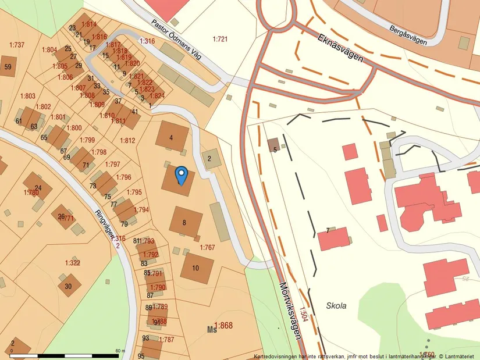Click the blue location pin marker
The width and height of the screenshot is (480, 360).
[x=182, y=174]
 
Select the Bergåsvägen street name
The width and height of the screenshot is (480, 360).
[x=408, y=35]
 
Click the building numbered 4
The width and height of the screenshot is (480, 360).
[x=172, y=137]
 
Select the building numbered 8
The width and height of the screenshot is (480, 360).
[x=185, y=222]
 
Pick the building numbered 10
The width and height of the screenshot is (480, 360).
[x=196, y=268]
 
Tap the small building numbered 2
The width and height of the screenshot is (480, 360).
[x=209, y=158]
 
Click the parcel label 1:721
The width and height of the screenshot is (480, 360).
[x=220, y=39]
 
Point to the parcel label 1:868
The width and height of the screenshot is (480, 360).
[x=222, y=326]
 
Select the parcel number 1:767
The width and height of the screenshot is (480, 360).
[x=208, y=248]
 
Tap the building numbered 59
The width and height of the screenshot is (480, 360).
[x=8, y=66]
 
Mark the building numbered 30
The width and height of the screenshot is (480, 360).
[x=69, y=286]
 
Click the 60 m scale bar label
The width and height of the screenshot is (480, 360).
[x=120, y=351]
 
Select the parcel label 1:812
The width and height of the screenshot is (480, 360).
[x=127, y=140]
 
